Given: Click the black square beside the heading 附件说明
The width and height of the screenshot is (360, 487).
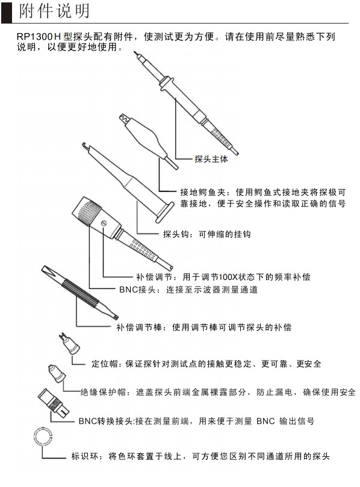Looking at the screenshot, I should [x=7, y=11].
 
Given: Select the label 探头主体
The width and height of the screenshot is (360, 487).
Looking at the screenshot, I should [x=211, y=160].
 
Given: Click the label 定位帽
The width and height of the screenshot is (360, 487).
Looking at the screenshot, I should [x=103, y=364].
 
